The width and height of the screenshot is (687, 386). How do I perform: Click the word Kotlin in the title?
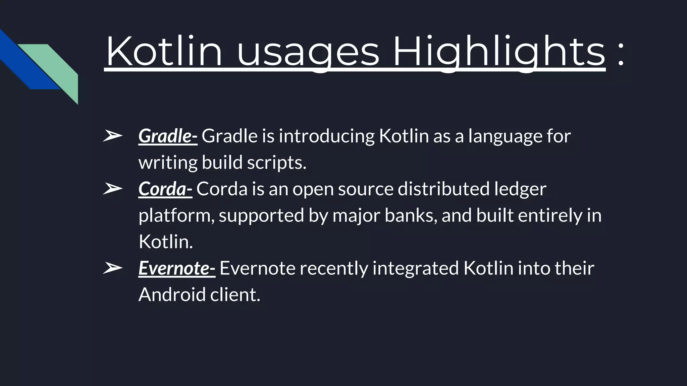point(164,52)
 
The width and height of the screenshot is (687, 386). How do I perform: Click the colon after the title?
point(621,54)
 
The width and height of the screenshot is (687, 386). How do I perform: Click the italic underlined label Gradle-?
point(168,136)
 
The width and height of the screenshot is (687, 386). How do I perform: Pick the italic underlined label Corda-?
point(165,189)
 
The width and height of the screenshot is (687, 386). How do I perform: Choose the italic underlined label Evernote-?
point(177,268)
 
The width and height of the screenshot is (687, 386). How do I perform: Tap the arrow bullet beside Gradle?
point(112,136)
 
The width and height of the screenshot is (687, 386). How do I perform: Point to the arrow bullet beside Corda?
point(112,189)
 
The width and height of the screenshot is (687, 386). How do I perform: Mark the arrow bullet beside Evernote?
point(112,268)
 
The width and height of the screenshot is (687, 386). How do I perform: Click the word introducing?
point(326,136)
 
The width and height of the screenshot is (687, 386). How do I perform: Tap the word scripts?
point(276,163)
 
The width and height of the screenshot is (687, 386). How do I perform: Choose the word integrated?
point(416,269)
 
